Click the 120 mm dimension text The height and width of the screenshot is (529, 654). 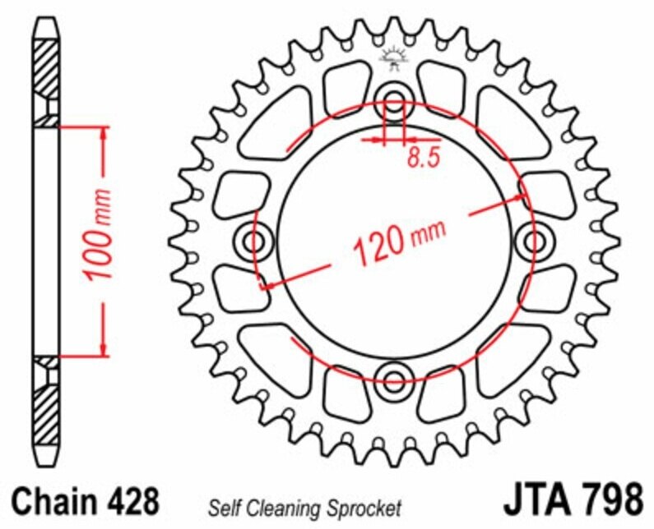pyautogui.click(x=399, y=238)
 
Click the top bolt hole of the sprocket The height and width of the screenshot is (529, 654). pyautogui.click(x=394, y=104)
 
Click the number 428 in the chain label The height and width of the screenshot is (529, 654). pyautogui.click(x=128, y=500)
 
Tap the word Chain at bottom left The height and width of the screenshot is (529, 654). pyautogui.click(x=53, y=500)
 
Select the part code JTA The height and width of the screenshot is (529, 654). pyautogui.click(x=536, y=500)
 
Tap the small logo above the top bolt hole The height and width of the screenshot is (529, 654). pyautogui.click(x=393, y=56)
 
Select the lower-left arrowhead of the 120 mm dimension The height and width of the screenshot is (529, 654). pyautogui.click(x=265, y=286)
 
